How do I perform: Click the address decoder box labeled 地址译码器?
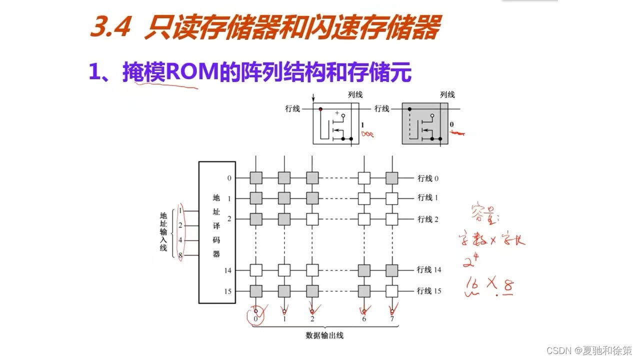coord(217,232)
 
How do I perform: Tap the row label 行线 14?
coord(429,270)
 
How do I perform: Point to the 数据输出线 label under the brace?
coord(324,335)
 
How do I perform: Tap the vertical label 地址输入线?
coord(163,231)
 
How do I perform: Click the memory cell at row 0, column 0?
coord(256,178)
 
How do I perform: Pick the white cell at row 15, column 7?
coord(391,291)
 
